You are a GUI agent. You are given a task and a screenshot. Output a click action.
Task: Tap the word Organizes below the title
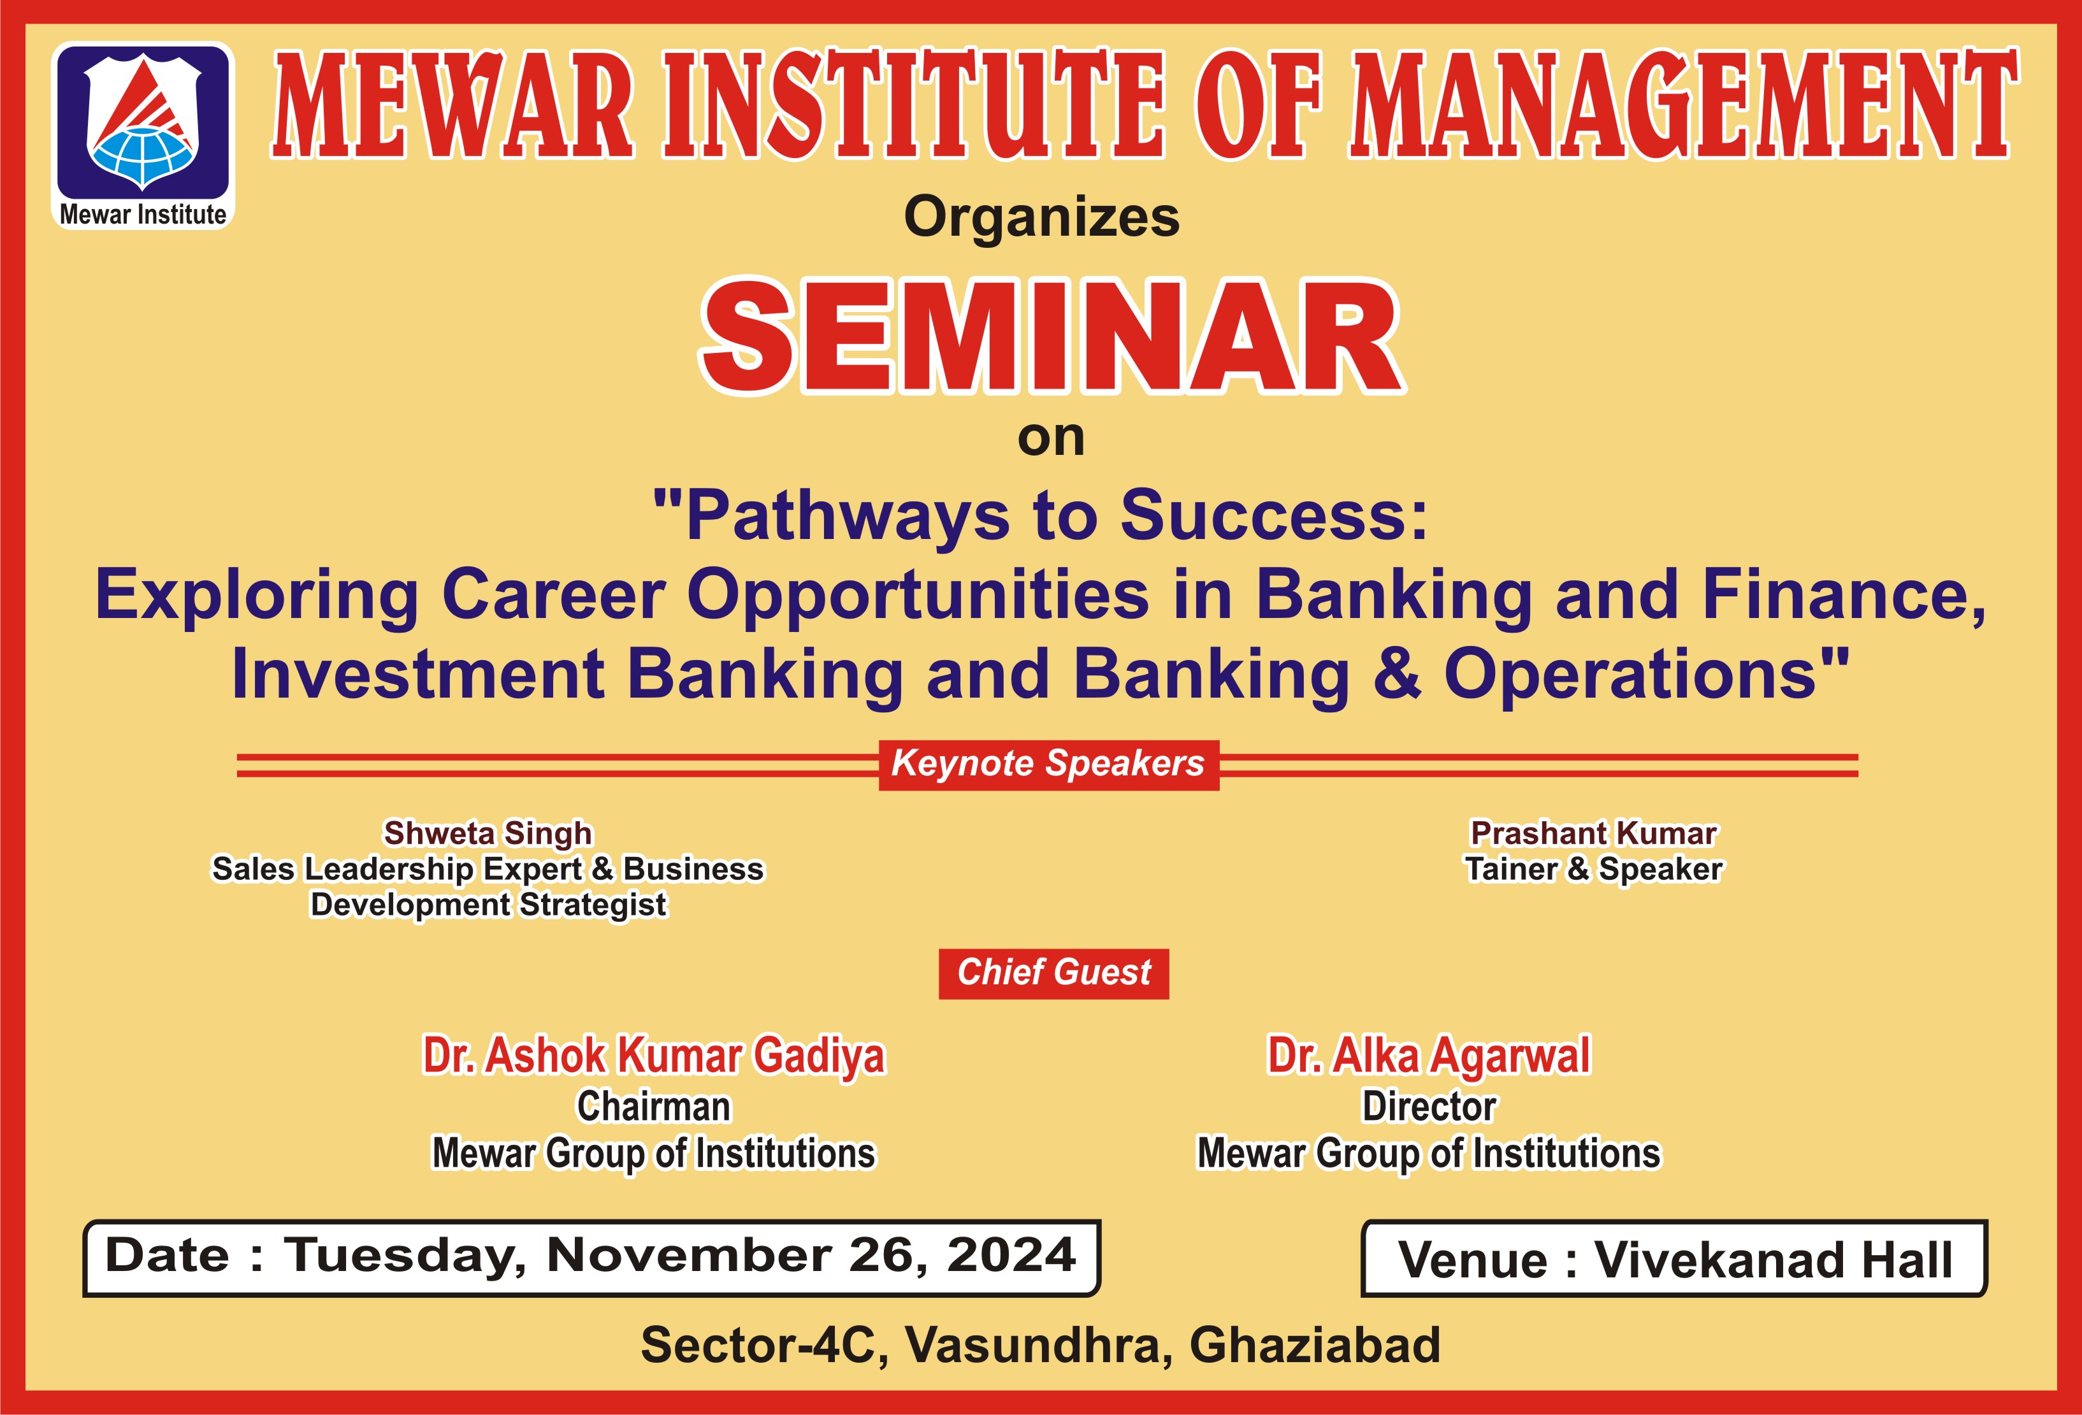(x=1042, y=218)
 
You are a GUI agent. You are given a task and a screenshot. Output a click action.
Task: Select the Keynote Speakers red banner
(x=1048, y=765)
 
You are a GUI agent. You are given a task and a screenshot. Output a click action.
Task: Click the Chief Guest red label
(x=1053, y=973)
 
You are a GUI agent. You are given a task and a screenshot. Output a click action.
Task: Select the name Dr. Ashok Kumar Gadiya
(x=654, y=1055)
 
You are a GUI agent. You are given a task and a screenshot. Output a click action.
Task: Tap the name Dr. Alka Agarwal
(x=1429, y=1055)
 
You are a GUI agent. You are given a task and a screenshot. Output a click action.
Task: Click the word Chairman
(x=654, y=1107)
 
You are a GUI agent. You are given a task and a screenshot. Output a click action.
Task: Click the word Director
(x=1429, y=1107)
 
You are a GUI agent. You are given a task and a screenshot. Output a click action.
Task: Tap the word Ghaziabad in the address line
(x=1314, y=1345)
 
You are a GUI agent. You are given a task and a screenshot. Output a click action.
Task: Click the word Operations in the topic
(x=1630, y=675)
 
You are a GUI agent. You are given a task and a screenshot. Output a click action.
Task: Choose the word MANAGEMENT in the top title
(x=1685, y=106)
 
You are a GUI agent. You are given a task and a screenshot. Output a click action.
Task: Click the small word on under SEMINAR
(x=1051, y=439)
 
